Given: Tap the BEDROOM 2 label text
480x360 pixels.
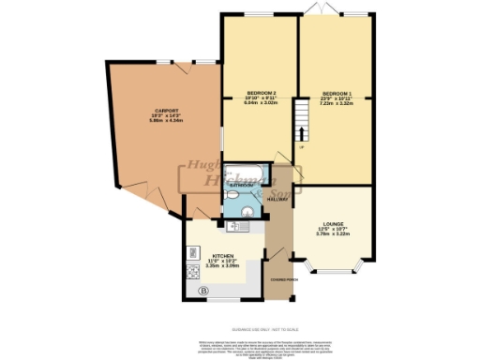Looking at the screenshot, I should coord(260,94).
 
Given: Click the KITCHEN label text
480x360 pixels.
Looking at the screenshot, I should coord(222,256).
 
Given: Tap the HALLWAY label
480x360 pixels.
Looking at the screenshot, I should coord(277,200).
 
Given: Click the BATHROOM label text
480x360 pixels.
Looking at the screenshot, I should coord(243,187).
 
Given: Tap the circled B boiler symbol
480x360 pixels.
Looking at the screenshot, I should coord(202,291).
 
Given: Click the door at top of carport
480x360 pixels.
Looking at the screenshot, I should coord(183,62).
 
